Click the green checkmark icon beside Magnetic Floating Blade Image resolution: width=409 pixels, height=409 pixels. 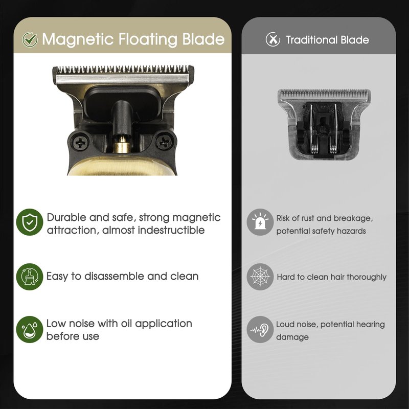[30, 40]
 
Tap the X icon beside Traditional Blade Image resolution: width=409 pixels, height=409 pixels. [272, 39]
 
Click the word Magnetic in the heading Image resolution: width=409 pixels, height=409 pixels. [78, 39]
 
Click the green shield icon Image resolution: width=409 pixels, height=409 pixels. [30, 222]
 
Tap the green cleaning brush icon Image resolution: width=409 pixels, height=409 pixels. [30, 277]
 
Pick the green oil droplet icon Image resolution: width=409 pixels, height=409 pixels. [30, 329]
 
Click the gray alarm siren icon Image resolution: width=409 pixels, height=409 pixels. [260, 222]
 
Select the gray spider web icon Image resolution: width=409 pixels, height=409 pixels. [260, 277]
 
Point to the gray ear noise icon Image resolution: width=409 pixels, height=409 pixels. [260, 329]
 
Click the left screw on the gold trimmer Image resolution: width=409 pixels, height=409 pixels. [80, 143]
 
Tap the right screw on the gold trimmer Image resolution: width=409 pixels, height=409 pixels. [164, 142]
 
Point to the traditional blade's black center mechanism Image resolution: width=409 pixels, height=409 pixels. [323, 130]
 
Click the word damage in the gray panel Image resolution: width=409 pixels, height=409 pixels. [292, 337]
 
